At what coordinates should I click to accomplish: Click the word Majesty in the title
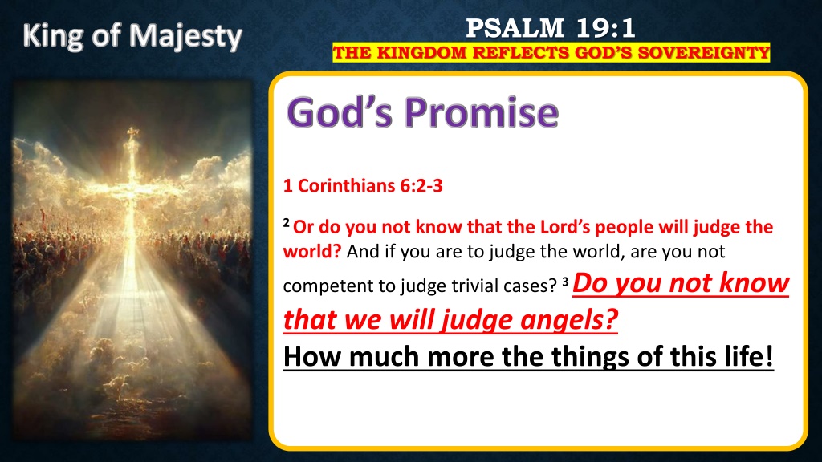[x=185, y=37]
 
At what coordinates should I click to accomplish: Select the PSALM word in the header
[x=515, y=28]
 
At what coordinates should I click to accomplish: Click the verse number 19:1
[x=606, y=28]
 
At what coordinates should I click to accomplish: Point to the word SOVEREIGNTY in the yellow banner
[x=703, y=53]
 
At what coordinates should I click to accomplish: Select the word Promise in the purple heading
[x=482, y=112]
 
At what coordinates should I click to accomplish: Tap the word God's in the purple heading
[x=340, y=112]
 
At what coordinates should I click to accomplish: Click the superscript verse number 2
[x=287, y=223]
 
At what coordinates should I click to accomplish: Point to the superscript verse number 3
[x=566, y=282]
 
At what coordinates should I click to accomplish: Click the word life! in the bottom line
[x=751, y=356]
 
